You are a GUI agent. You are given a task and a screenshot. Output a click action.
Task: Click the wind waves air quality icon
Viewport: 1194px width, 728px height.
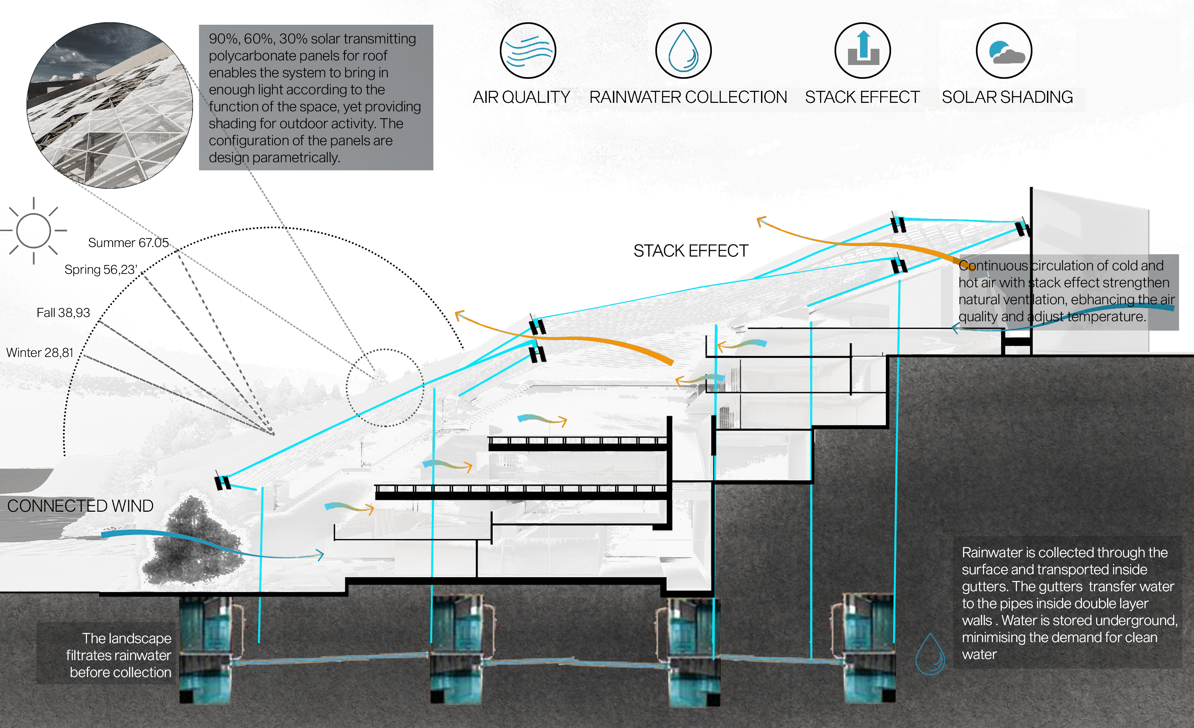tap(528, 51)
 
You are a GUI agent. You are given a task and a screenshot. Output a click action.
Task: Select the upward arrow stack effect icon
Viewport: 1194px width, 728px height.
tap(862, 51)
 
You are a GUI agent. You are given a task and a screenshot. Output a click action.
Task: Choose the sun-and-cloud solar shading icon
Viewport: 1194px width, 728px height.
tap(1003, 51)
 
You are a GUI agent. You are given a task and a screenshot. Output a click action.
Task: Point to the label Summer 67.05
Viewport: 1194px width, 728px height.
tap(128, 243)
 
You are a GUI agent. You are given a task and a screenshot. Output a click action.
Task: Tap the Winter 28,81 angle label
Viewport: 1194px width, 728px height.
tap(40, 353)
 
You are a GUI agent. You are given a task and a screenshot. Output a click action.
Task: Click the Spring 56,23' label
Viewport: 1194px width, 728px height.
tap(101, 270)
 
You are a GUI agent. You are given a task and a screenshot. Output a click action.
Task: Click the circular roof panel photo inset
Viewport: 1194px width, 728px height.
tap(110, 105)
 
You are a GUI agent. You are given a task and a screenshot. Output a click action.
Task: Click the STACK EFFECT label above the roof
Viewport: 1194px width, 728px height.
tap(691, 251)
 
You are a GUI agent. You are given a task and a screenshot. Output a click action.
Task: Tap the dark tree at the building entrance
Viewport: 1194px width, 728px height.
tap(194, 538)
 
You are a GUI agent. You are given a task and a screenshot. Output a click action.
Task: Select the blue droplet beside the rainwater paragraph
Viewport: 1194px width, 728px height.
tap(930, 654)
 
